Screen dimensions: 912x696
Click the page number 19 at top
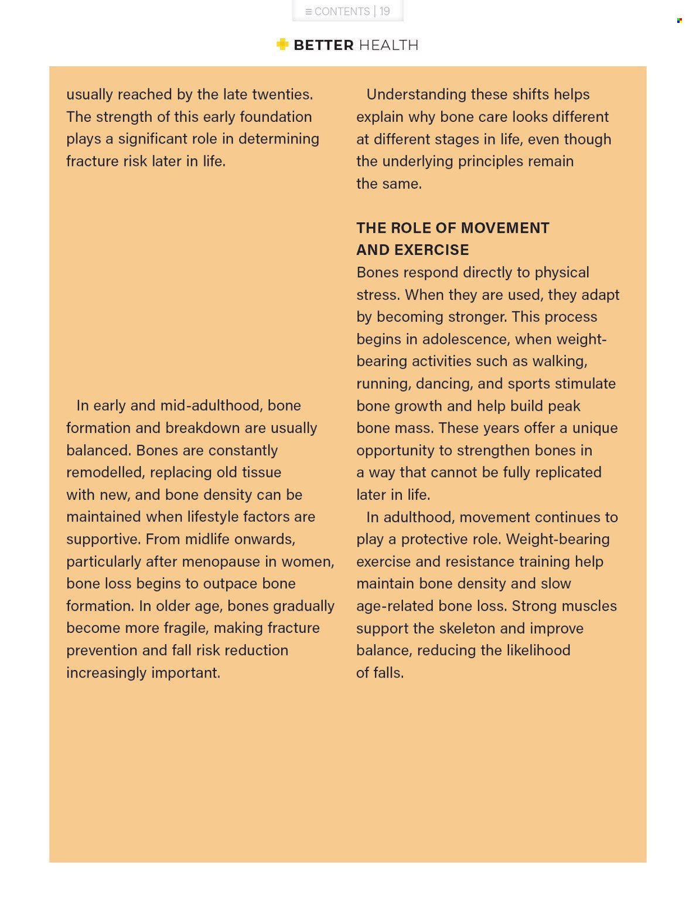point(384,11)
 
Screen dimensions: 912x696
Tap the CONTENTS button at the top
point(337,11)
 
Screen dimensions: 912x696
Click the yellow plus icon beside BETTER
point(282,45)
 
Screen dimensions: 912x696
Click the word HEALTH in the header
point(388,45)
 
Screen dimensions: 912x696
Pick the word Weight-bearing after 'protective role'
point(557,539)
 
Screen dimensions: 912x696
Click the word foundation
point(275,117)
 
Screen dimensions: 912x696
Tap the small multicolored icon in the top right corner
point(679,21)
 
